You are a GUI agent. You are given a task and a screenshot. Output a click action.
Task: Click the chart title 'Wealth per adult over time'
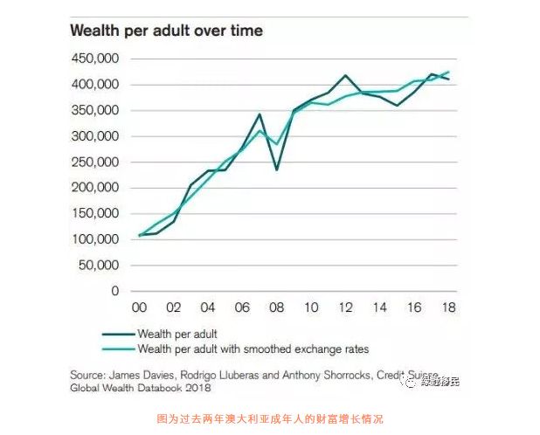(166, 31)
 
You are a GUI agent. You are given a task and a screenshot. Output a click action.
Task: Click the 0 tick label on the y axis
(114, 291)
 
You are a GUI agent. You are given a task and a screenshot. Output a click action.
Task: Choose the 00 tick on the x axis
(139, 307)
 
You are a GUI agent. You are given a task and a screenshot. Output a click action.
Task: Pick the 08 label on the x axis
(277, 307)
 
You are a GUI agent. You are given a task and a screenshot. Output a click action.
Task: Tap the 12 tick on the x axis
(345, 307)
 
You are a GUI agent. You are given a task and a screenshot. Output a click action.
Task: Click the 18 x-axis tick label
(448, 307)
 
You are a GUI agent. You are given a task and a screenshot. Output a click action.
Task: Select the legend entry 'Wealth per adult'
(177, 334)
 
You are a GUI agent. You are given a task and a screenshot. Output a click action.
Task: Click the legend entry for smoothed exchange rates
(253, 349)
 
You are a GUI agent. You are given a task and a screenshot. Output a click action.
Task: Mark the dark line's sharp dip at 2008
(277, 169)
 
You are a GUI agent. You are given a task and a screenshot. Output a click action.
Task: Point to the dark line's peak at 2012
(345, 76)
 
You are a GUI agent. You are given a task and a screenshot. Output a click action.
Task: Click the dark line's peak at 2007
(260, 114)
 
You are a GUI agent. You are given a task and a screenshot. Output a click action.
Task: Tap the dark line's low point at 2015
(397, 106)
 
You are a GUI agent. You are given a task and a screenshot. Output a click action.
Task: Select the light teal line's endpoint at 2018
(448, 72)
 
